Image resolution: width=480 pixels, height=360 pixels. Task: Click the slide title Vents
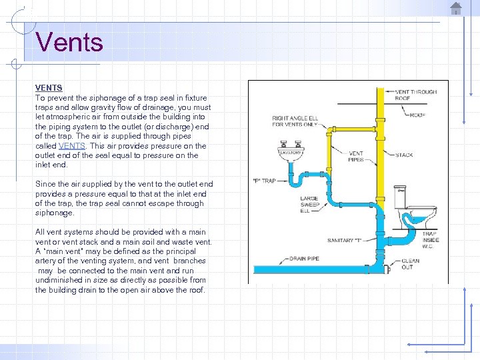point(70,42)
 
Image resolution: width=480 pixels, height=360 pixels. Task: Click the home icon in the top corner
point(456,9)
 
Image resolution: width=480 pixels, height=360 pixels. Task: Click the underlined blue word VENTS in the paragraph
point(71,145)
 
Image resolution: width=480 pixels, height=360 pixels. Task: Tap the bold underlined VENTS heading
point(49,87)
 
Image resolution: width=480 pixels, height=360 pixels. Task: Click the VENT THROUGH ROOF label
point(415,95)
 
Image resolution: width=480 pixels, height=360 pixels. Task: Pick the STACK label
point(404,155)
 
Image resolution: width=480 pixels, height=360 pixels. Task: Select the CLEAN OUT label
point(410,264)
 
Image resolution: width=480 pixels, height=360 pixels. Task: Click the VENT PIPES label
point(356,157)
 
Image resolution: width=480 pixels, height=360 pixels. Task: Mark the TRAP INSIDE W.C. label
point(429,240)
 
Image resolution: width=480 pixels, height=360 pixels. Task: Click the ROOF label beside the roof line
point(417,115)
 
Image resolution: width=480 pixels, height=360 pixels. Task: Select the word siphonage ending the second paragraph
point(55,213)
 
